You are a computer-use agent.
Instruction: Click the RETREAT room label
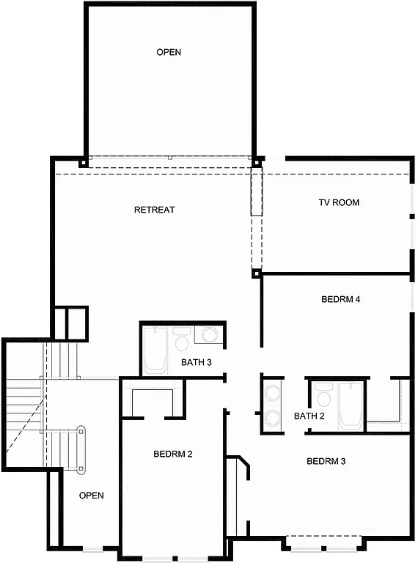pos(154,210)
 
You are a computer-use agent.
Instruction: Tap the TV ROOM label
pos(339,202)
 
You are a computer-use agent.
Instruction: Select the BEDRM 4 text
pos(340,300)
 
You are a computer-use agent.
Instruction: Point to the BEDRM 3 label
pos(326,462)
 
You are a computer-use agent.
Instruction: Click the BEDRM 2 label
pos(172,455)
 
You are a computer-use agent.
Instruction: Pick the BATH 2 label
pos(309,416)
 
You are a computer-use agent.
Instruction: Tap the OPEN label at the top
pos(169,52)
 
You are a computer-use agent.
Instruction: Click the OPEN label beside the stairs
pos(92,496)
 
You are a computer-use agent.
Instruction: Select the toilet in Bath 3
pos(182,339)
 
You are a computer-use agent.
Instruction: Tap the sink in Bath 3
pos(209,336)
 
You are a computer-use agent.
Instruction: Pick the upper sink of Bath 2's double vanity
pos(272,391)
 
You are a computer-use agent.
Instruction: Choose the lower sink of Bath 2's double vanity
pos(272,418)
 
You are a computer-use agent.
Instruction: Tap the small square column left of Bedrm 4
pos(256,273)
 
